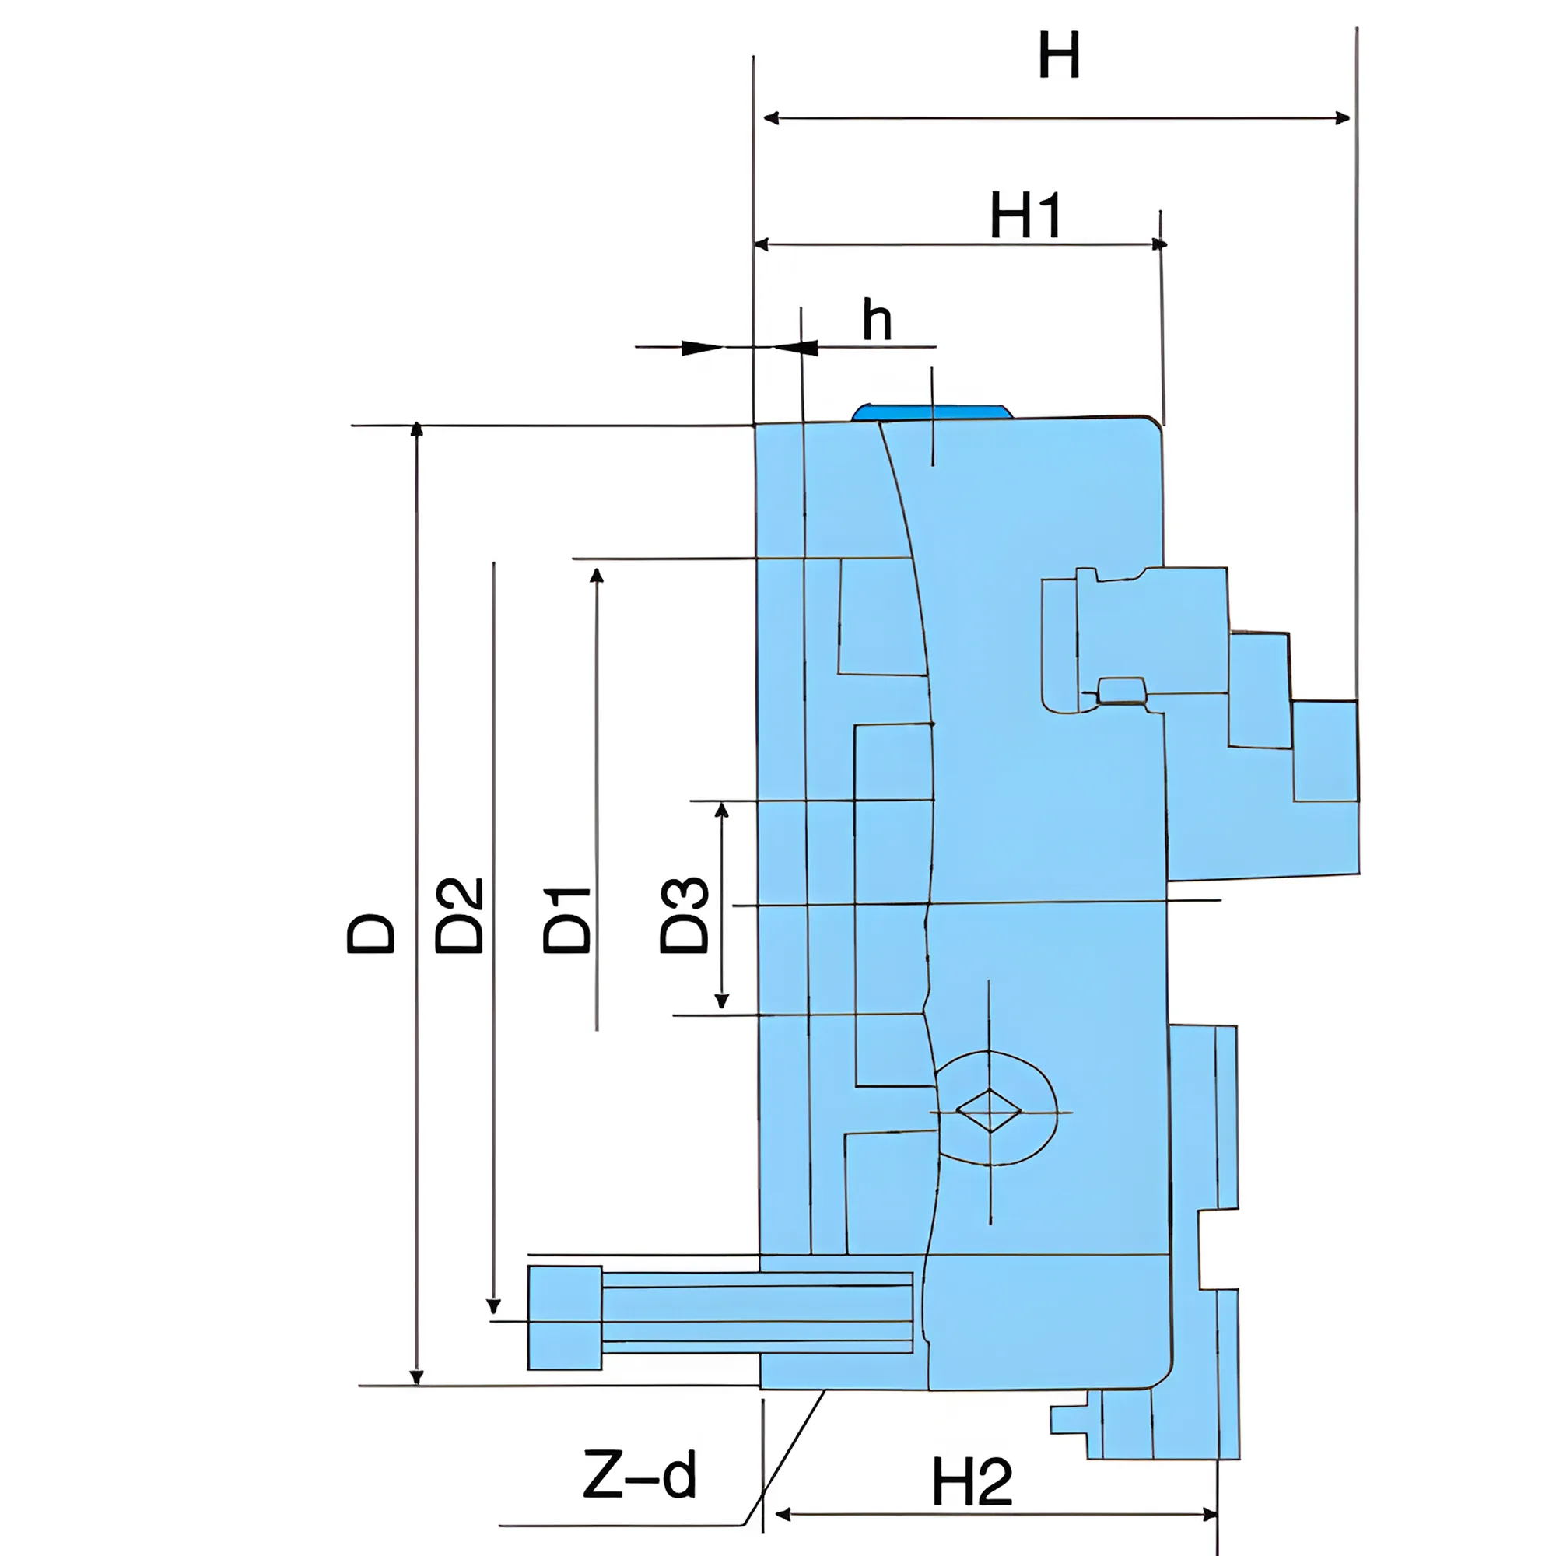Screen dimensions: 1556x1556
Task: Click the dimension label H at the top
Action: [1058, 55]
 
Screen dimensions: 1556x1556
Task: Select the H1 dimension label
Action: [1025, 216]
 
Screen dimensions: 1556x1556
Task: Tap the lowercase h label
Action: [877, 321]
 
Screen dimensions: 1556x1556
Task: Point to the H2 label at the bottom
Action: [971, 1482]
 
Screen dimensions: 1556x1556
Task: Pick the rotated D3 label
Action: [685, 915]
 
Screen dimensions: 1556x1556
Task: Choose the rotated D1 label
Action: [568, 920]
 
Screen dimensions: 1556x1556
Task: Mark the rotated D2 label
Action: [459, 916]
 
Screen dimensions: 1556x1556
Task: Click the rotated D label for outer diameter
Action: [371, 934]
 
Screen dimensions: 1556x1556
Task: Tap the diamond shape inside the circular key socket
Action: [989, 1112]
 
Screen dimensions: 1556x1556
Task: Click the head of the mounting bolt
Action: [565, 1318]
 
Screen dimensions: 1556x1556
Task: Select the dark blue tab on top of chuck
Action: [932, 412]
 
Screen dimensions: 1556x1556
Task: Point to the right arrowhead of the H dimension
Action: [1342, 118]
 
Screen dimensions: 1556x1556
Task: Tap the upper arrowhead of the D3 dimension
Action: [722, 809]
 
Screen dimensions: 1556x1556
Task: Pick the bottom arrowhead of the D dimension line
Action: [416, 1376]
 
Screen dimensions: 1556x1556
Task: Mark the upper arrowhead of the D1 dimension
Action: [596, 574]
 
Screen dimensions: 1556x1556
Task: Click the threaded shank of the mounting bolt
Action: [757, 1318]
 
